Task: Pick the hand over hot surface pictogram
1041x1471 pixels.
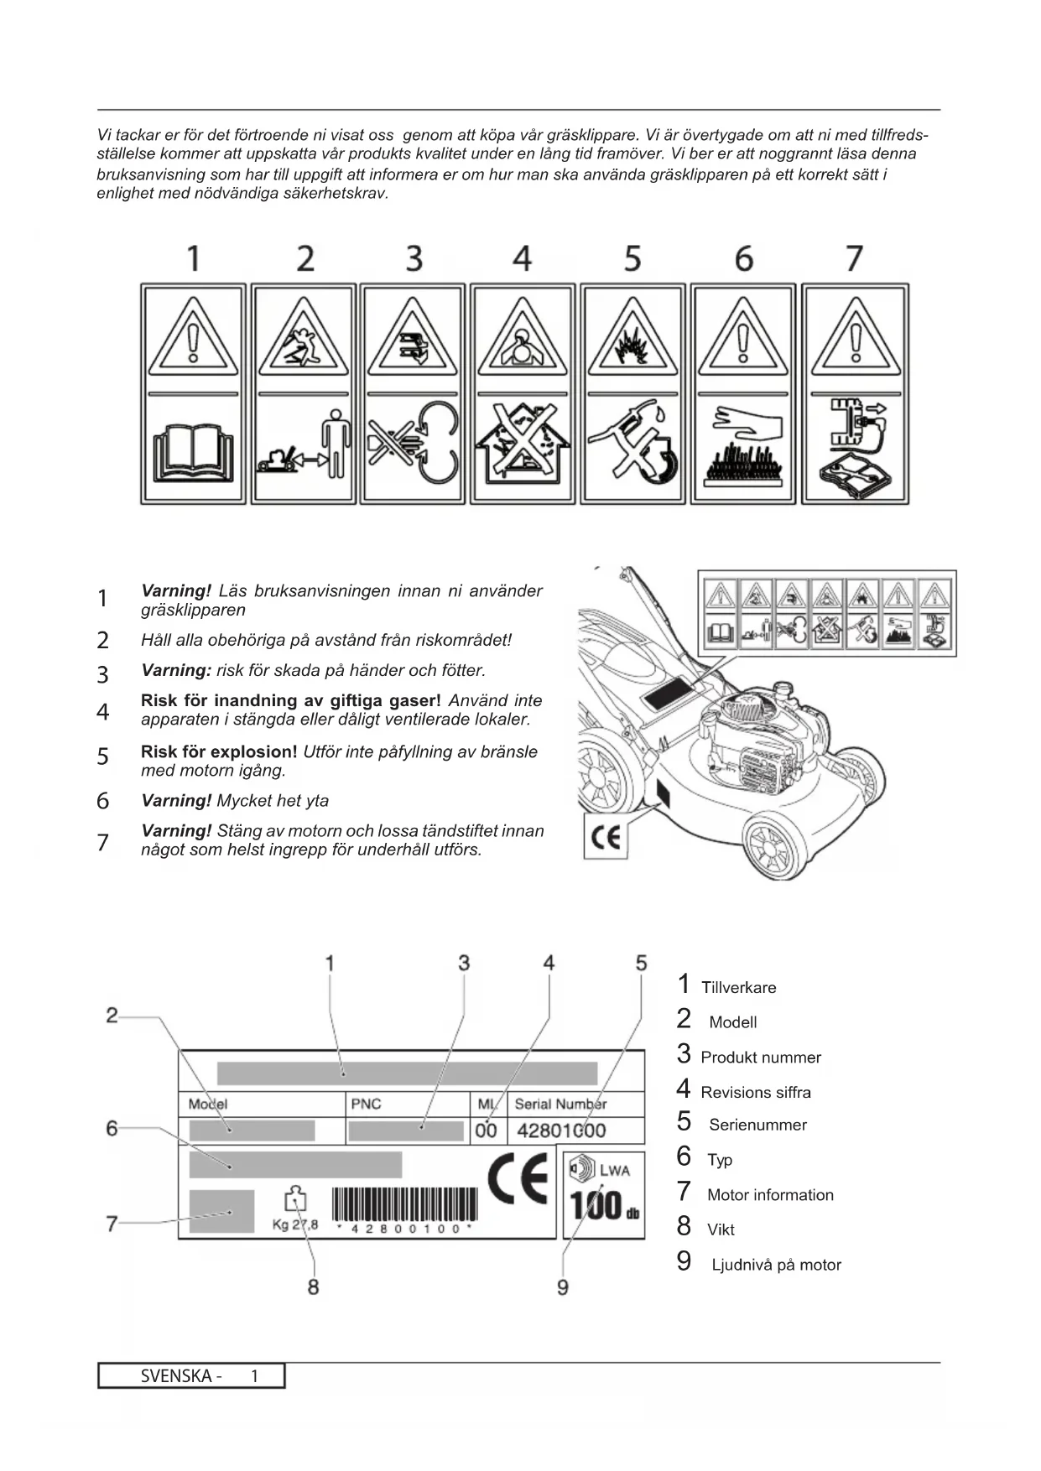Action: (742, 449)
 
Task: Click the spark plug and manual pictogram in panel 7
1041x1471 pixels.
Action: (855, 449)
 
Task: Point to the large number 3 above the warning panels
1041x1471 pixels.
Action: (414, 258)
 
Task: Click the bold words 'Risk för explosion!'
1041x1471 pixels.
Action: (219, 751)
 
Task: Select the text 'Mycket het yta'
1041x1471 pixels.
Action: (273, 800)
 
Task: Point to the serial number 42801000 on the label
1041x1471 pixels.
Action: (560, 1131)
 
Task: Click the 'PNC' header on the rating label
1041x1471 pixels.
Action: (366, 1104)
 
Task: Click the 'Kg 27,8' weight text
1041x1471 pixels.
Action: (295, 1224)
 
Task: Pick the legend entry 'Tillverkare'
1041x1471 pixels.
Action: (738, 988)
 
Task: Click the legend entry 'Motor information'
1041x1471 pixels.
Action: (769, 1195)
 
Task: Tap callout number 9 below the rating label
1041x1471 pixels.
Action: (563, 1286)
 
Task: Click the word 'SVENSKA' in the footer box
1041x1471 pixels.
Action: (176, 1375)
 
